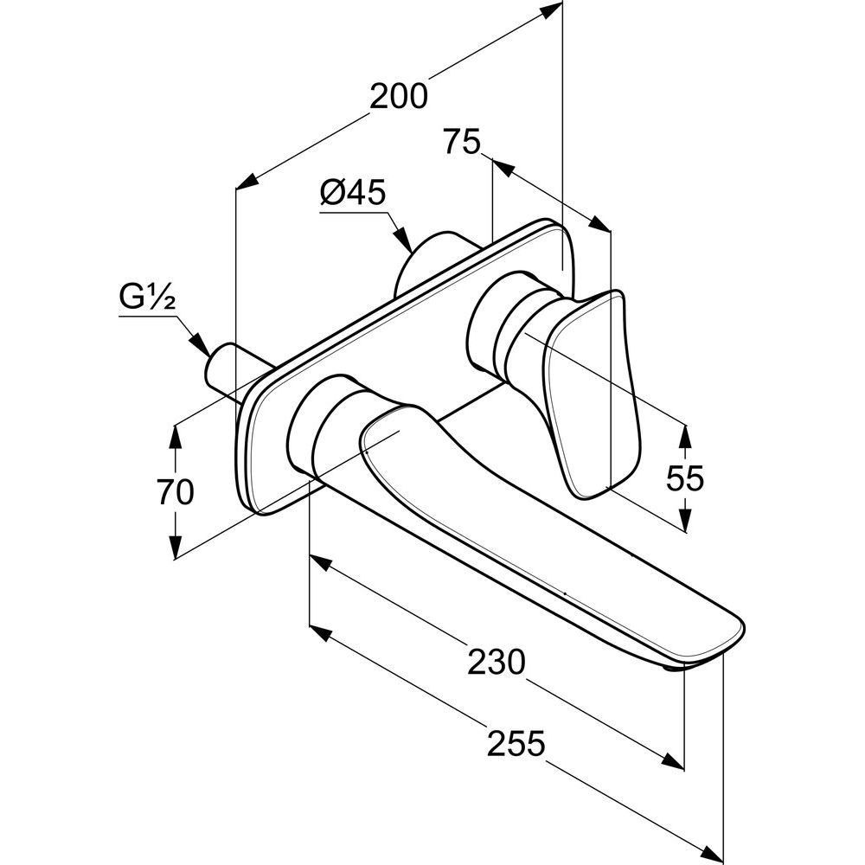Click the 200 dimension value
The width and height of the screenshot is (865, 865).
[399, 97]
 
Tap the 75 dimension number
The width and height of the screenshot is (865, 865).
[461, 141]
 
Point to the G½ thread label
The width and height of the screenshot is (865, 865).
[148, 300]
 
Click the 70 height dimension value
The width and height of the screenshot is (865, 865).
[176, 493]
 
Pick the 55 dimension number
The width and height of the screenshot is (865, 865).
[686, 477]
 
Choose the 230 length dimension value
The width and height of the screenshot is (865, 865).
[497, 663]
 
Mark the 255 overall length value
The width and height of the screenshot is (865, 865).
[516, 742]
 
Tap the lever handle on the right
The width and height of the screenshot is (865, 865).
[597, 389]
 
